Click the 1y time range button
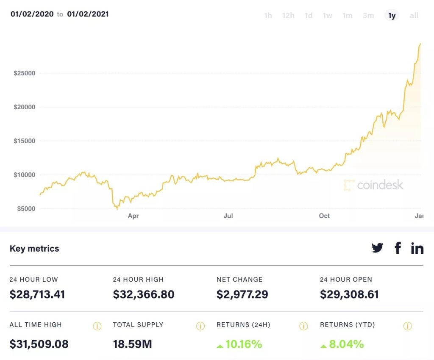click(x=392, y=16)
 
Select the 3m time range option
click(x=368, y=16)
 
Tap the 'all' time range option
click(x=414, y=16)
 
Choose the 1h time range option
click(x=268, y=16)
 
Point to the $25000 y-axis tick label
click(x=24, y=73)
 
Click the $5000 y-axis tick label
click(x=26, y=208)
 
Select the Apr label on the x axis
click(x=133, y=216)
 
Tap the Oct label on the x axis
click(x=324, y=216)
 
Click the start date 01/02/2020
click(x=32, y=14)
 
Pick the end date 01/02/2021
click(x=88, y=14)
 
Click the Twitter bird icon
click(x=377, y=248)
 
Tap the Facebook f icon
click(x=398, y=248)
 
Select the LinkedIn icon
click(x=417, y=248)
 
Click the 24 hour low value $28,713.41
click(x=37, y=294)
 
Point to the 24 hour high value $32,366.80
click(x=144, y=294)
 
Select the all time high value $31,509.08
click(x=39, y=344)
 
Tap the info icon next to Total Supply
click(x=200, y=326)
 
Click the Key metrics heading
click(x=34, y=249)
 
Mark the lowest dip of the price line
click(x=117, y=209)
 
